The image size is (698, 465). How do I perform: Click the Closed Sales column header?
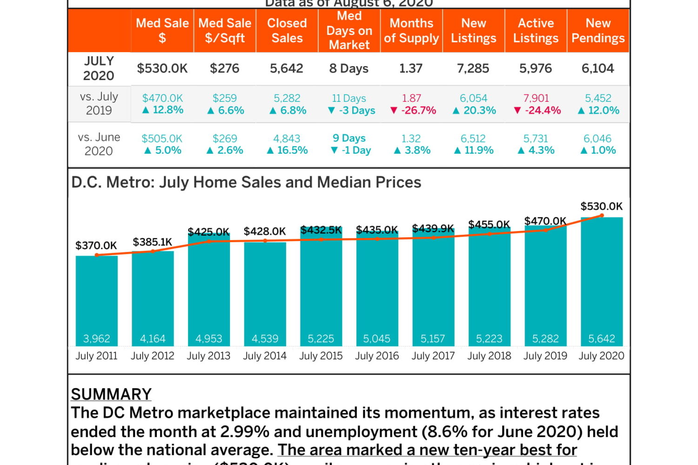tap(287, 31)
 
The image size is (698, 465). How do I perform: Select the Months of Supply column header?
tap(411, 31)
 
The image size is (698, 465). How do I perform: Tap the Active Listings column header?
tap(536, 31)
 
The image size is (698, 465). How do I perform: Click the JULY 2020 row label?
tap(99, 68)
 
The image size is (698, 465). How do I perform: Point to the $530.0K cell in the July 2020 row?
tap(162, 68)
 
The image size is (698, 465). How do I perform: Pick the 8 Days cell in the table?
tap(349, 68)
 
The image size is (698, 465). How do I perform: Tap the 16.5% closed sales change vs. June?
tap(287, 150)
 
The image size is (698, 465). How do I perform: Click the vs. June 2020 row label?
tap(99, 144)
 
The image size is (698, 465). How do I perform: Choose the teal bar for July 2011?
tap(97, 298)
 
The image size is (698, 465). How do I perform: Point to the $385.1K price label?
tap(152, 242)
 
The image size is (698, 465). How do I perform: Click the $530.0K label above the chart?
tap(601, 206)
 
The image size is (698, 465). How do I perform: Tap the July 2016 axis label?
tap(377, 356)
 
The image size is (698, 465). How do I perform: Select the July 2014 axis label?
tap(265, 356)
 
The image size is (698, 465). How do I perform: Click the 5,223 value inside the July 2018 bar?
tap(489, 339)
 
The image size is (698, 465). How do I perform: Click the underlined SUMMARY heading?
tap(111, 394)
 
